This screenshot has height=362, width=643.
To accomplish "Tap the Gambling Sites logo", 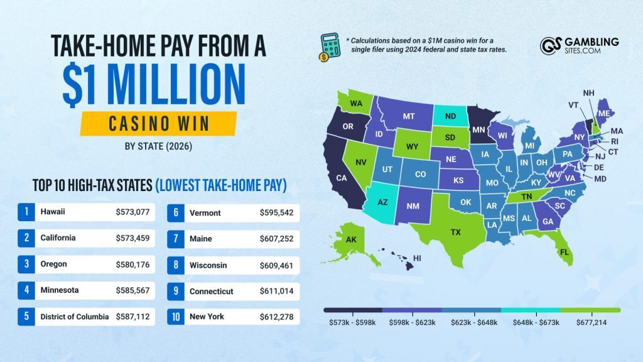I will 579,46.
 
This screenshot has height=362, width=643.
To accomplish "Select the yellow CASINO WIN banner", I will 158,123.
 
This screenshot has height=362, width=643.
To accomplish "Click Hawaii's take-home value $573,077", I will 132,212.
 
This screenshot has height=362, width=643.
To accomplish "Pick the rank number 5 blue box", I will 26,317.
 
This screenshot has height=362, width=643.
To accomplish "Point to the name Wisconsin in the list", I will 208,265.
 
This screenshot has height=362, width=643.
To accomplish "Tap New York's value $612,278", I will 277,317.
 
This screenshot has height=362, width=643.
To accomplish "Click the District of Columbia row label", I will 73,317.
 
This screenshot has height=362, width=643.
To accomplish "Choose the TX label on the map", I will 456,232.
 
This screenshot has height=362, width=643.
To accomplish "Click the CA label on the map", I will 342,178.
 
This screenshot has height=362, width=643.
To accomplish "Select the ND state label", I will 450,116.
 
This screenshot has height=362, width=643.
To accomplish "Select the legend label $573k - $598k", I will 353,322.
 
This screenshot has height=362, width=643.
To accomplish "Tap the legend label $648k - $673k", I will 531,322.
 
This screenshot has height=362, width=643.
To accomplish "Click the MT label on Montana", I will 409,116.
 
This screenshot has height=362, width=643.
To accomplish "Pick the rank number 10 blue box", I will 176,317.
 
